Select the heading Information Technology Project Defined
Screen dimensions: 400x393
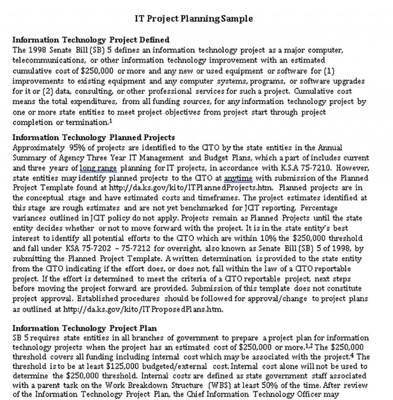(x=91, y=40)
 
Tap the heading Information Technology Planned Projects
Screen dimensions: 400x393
(x=94, y=137)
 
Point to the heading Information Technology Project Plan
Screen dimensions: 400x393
(x=84, y=328)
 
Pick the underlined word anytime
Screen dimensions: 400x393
(x=238, y=178)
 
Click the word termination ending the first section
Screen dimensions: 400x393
(x=89, y=123)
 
